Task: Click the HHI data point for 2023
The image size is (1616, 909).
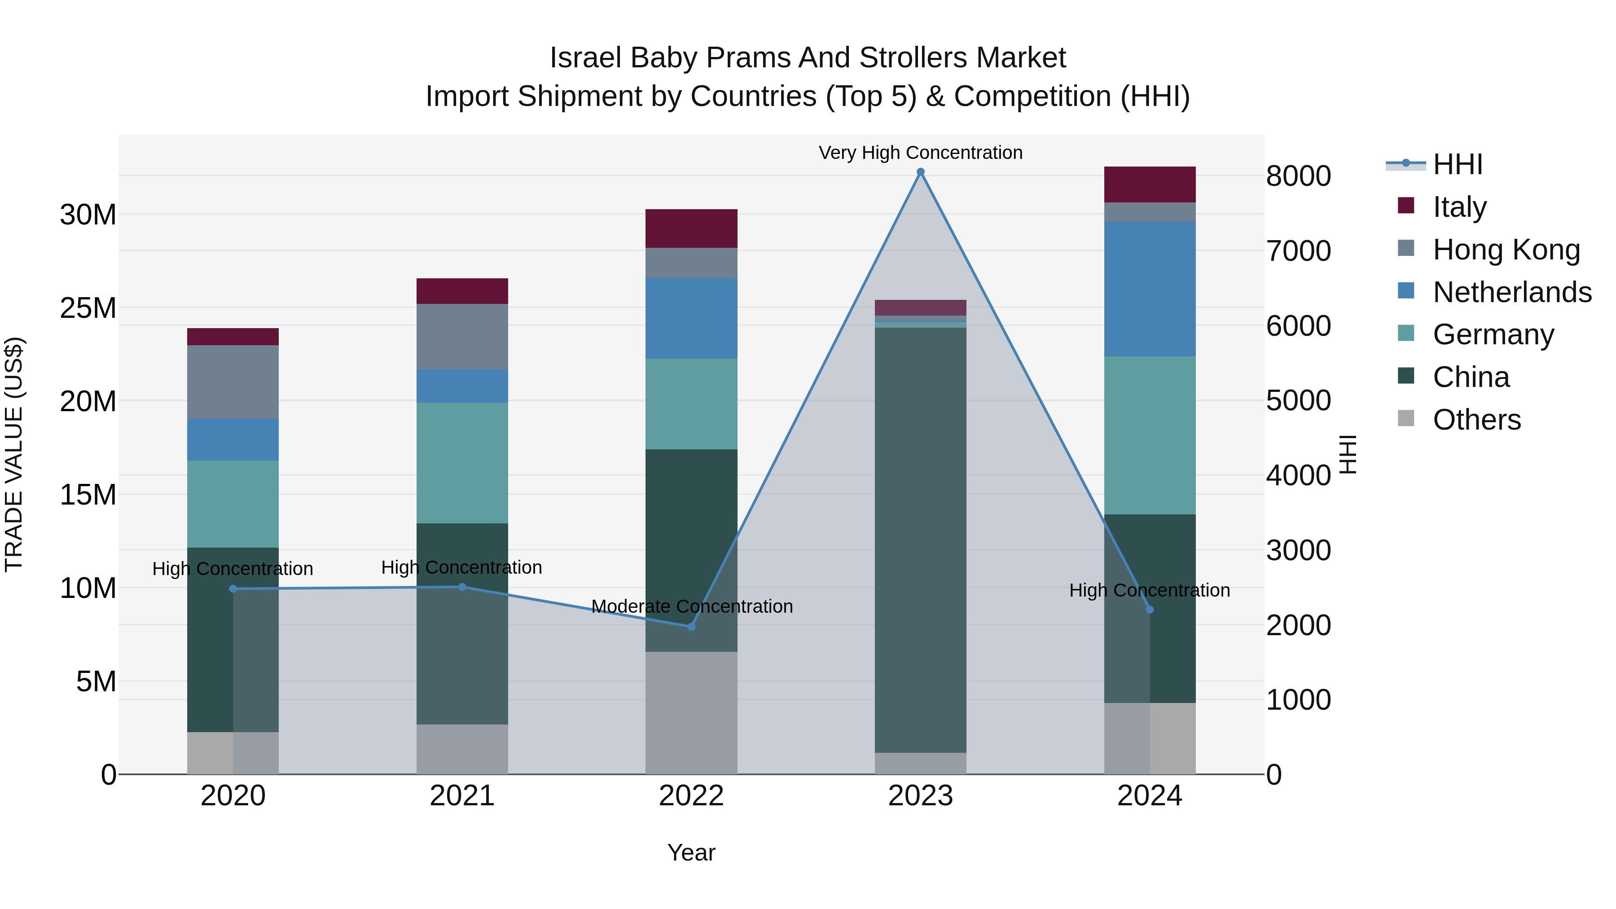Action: coord(920,172)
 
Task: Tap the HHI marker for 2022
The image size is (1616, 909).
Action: coord(691,627)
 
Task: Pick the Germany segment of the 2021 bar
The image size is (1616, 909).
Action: coord(462,463)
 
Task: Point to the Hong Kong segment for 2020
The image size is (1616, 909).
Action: coord(233,382)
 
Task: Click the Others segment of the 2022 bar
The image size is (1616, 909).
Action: coord(691,713)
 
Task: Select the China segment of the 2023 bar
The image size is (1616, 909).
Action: coord(920,540)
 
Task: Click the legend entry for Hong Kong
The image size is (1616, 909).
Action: coord(1506,250)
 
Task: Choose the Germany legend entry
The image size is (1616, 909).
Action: coord(1493,334)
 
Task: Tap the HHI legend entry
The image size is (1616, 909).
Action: coord(1457,164)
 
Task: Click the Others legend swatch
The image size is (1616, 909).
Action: coord(1406,418)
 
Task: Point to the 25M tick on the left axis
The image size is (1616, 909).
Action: coord(88,308)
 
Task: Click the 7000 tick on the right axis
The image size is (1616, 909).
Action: coord(1298,251)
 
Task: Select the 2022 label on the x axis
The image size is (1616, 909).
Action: coord(691,796)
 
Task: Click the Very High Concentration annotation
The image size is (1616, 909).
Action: coord(920,153)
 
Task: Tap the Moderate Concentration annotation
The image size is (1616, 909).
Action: coord(692,606)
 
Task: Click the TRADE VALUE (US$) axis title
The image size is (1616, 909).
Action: coord(14,454)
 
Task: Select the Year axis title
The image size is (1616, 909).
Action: coord(691,852)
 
